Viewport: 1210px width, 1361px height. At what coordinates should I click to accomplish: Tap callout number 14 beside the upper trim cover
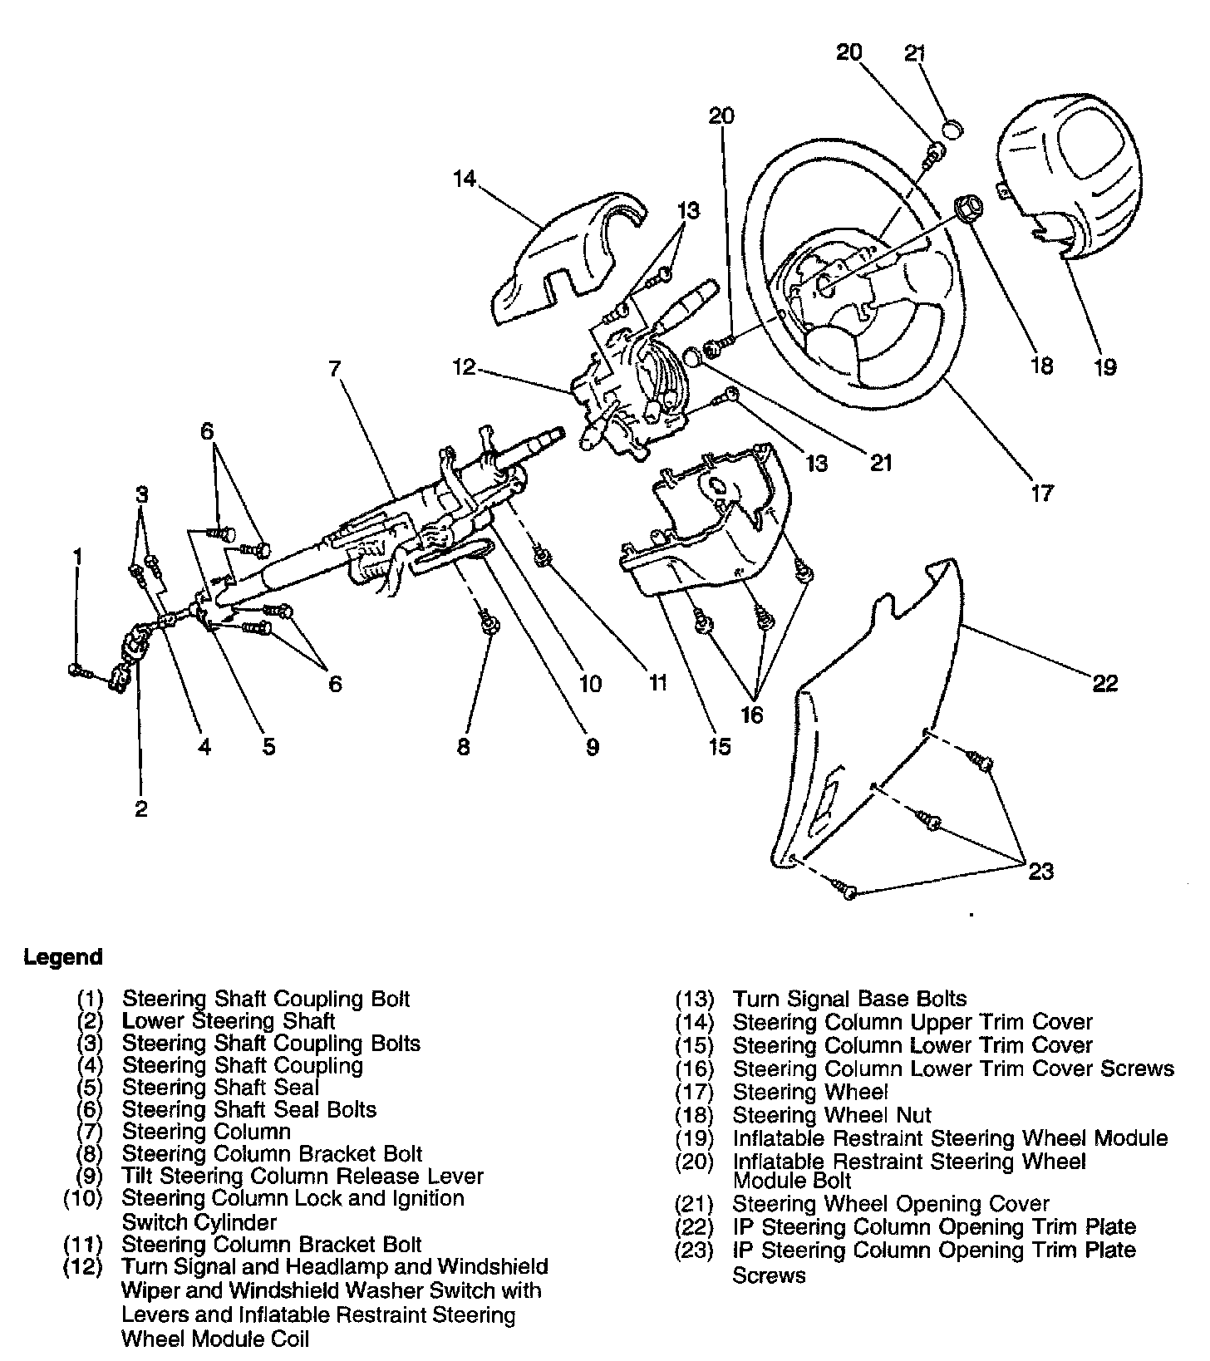pos(465,179)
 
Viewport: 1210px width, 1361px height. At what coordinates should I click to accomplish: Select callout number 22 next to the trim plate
pos(1104,683)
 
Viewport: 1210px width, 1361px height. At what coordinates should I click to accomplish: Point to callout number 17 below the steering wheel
pos(1041,493)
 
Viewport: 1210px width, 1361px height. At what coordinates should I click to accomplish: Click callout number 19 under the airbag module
pos(1104,366)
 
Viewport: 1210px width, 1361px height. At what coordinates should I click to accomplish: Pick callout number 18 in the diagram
pos(1041,366)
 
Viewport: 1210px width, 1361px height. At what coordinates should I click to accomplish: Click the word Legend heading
pos(63,957)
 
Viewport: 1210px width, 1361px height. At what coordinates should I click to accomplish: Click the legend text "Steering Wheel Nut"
pos(831,1115)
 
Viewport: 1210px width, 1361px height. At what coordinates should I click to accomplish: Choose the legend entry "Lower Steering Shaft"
pos(229,1020)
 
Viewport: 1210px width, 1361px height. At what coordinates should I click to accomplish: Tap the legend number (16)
pos(695,1069)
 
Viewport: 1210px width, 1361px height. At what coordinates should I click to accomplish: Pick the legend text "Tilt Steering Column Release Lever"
pos(302,1177)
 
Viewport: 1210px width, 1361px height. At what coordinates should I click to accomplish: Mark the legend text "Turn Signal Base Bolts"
pos(849,999)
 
